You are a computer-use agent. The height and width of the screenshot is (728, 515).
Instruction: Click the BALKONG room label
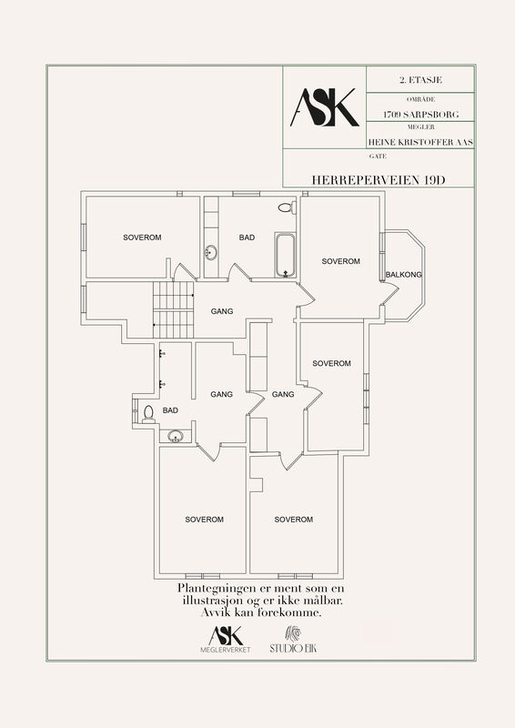point(404,275)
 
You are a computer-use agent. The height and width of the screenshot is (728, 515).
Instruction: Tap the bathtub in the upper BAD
point(285,255)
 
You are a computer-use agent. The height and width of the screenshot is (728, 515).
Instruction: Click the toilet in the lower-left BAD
point(148,414)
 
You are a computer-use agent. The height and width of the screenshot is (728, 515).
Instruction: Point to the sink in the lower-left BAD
point(176,436)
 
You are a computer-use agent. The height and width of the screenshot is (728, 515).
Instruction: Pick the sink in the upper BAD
point(210,253)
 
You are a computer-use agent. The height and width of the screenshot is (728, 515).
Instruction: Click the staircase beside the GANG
point(173,309)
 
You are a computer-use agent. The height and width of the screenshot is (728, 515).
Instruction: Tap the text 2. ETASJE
point(420,80)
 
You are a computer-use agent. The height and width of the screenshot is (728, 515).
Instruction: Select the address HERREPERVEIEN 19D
point(378,180)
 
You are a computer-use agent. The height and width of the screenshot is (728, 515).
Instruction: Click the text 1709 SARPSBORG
point(420,115)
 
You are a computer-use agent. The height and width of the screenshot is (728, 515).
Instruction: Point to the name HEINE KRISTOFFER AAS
point(420,142)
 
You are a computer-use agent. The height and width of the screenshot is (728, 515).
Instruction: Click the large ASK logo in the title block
point(325,107)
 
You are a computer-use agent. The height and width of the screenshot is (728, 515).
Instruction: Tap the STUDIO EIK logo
point(293,640)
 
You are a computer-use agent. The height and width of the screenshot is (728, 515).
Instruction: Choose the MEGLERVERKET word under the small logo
point(226,650)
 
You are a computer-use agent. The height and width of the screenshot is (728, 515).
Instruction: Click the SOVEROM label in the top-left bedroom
point(142,238)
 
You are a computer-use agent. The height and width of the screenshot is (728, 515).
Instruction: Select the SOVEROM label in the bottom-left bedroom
point(205,520)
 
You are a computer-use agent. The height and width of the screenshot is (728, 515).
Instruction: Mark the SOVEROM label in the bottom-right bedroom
point(294,520)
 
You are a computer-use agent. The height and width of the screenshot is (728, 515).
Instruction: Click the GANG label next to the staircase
point(222,311)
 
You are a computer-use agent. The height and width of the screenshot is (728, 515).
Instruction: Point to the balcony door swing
point(390,292)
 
